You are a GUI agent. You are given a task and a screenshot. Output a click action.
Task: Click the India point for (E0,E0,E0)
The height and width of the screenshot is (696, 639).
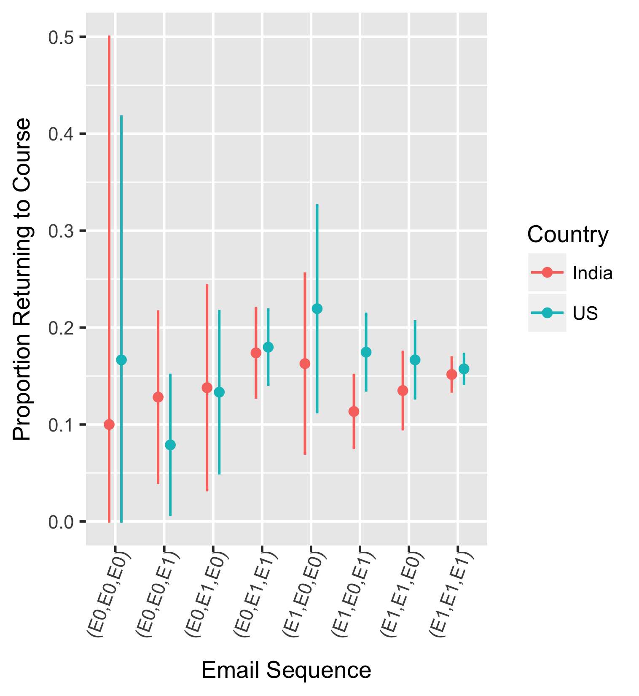click(x=109, y=424)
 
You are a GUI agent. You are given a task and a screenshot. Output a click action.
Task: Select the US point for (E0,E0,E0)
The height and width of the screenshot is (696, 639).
click(x=121, y=360)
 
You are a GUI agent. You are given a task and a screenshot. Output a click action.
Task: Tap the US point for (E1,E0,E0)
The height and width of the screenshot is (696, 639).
click(x=317, y=309)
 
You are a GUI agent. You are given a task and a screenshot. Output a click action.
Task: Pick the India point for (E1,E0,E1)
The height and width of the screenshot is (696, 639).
click(x=354, y=411)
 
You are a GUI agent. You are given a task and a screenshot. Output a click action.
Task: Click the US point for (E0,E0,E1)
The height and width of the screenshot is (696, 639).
click(x=170, y=445)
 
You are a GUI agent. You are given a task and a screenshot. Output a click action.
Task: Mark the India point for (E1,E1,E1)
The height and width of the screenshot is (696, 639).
click(x=451, y=375)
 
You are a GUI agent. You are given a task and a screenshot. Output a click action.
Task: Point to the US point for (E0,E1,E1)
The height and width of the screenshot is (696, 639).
click(x=268, y=347)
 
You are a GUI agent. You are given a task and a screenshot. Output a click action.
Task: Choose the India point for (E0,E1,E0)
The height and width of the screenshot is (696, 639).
click(x=207, y=388)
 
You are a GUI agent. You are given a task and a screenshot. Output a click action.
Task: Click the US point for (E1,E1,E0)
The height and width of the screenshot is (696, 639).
click(x=415, y=360)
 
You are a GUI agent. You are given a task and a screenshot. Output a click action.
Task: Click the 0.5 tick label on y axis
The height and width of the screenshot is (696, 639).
click(x=61, y=38)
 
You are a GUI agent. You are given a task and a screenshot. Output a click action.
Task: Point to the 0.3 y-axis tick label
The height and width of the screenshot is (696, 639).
click(x=61, y=231)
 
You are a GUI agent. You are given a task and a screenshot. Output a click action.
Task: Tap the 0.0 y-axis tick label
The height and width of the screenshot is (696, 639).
click(x=61, y=522)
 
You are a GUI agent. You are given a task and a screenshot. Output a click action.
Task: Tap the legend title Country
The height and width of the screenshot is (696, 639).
click(x=567, y=235)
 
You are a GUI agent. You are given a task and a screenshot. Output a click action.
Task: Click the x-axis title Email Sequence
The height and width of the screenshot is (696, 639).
click(x=286, y=670)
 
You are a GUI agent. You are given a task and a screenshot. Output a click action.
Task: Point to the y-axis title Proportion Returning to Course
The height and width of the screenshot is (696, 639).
click(x=22, y=279)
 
